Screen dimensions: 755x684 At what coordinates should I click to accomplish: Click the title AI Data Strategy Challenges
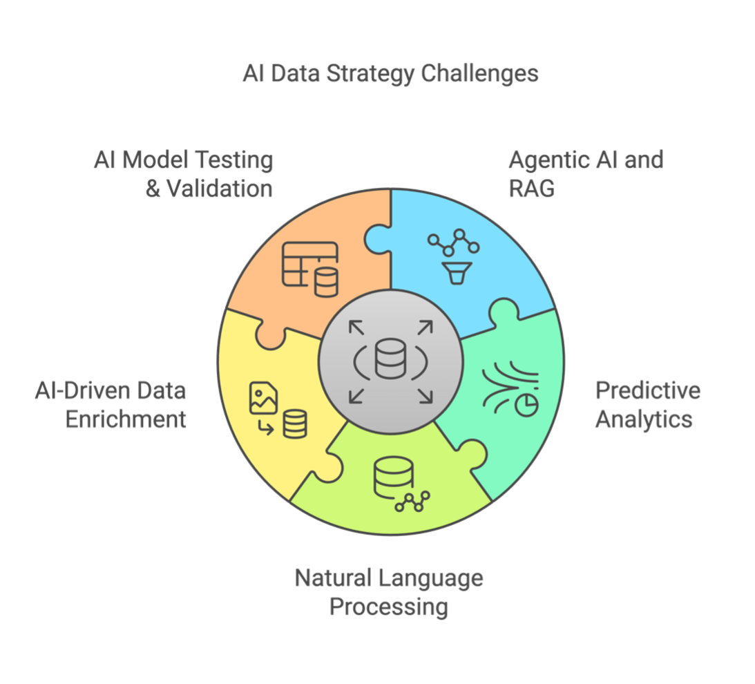point(390,74)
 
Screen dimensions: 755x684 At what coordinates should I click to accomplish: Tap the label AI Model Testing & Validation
point(184,174)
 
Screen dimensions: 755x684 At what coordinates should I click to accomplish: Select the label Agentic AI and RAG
point(586,174)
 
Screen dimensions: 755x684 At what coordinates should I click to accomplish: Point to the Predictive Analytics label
point(648,405)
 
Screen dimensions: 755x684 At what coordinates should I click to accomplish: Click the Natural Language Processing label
point(389,592)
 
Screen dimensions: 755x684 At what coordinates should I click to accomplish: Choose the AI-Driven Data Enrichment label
point(111,405)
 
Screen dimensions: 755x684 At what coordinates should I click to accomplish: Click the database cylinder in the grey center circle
point(390,358)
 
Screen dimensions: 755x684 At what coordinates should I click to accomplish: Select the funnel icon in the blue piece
point(457,273)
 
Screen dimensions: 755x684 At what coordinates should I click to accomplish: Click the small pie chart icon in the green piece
point(526,405)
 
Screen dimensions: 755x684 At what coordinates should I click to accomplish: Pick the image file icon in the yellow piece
point(263,398)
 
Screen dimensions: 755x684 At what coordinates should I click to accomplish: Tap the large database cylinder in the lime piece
point(394,477)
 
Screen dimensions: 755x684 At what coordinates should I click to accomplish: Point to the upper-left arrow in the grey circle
point(356,328)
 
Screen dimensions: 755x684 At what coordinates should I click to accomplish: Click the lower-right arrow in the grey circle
point(426,396)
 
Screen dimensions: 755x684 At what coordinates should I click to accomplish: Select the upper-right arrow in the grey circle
point(426,328)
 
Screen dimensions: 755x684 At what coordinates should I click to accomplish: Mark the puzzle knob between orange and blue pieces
point(376,239)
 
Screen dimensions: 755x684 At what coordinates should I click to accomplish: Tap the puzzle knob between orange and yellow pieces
point(271,335)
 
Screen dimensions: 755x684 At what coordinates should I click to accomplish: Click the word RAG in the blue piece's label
point(532,189)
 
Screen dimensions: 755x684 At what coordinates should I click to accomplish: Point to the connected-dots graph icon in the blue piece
point(454,243)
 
